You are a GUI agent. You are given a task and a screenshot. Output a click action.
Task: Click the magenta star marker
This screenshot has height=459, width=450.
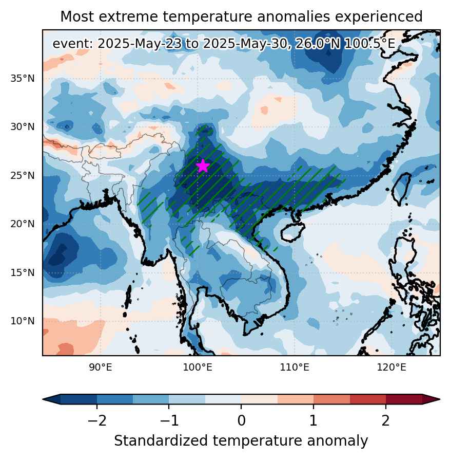(203, 166)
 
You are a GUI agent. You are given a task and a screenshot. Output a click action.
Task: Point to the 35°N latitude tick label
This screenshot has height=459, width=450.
(23, 79)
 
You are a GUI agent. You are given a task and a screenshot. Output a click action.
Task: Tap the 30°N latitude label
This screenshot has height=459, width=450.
(23, 127)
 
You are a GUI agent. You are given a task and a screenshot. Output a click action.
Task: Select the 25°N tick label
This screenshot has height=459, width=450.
(23, 176)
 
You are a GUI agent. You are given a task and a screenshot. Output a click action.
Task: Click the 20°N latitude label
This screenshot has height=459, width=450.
(23, 224)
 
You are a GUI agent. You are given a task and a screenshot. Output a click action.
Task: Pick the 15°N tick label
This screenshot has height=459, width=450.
(23, 272)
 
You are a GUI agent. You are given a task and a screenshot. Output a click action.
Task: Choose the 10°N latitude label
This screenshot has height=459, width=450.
(23, 321)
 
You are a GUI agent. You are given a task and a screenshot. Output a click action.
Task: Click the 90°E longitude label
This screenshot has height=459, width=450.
(101, 367)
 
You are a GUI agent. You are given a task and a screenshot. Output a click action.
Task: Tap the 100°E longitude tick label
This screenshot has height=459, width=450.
(198, 367)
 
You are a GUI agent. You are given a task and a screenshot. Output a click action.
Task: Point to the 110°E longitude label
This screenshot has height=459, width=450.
(295, 367)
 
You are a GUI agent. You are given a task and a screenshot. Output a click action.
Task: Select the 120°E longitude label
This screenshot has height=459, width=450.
(392, 367)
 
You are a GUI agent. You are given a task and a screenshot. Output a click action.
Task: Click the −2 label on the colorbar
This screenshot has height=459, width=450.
(97, 420)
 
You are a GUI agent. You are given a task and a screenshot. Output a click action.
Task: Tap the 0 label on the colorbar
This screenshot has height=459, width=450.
(241, 420)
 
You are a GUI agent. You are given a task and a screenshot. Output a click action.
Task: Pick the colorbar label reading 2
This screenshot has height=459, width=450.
(386, 420)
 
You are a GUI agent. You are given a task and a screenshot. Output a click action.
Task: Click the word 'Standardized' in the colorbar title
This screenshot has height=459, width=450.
(161, 441)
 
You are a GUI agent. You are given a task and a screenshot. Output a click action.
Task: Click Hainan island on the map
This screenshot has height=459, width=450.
(292, 232)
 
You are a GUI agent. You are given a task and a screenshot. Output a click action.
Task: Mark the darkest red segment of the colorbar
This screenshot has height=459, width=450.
(404, 399)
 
